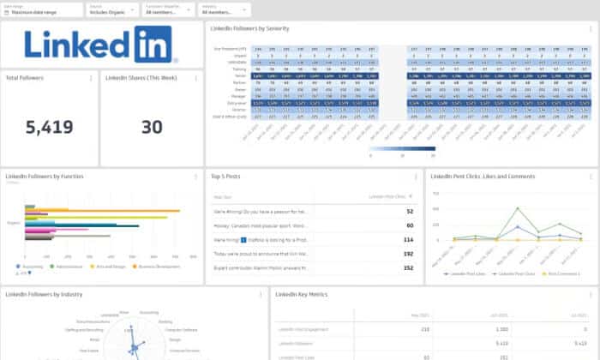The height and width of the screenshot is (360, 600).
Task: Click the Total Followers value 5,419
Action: click(x=49, y=128)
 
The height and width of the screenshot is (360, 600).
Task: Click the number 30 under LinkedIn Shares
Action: click(x=152, y=128)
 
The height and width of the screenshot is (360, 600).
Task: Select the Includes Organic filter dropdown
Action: click(x=112, y=11)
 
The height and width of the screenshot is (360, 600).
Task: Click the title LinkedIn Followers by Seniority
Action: click(x=250, y=28)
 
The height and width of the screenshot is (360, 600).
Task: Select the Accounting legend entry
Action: click(x=32, y=267)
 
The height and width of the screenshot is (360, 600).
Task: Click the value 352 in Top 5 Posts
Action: click(x=408, y=267)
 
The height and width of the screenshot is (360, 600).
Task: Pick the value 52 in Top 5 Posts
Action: click(x=410, y=211)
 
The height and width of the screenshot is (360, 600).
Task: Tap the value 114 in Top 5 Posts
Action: click(x=408, y=240)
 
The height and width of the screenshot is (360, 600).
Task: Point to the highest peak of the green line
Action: click(x=518, y=207)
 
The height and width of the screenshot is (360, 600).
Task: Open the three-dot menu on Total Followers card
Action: click(x=92, y=78)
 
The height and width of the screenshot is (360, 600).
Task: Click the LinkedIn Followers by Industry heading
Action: click(x=43, y=295)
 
